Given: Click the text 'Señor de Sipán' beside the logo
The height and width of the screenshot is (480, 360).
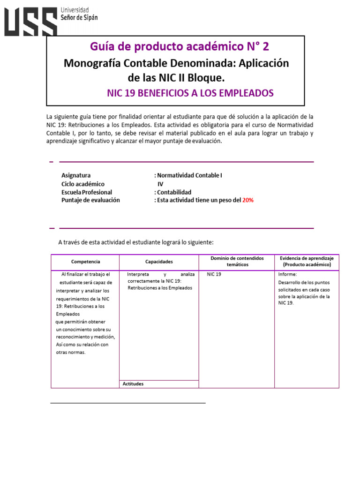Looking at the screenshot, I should (x=79, y=17).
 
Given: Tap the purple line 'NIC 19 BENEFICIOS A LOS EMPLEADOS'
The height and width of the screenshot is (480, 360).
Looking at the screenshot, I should (x=190, y=93).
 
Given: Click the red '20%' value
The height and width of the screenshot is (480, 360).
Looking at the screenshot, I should (x=247, y=200).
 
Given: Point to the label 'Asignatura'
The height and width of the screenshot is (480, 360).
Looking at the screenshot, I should (x=76, y=175).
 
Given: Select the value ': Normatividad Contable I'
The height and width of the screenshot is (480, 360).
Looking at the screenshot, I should (x=188, y=175).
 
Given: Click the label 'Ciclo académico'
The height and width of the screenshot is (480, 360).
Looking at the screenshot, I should (x=83, y=184).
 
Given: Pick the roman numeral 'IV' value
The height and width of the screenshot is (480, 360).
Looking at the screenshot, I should (x=160, y=184).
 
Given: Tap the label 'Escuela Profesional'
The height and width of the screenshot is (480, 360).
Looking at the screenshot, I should (x=87, y=192).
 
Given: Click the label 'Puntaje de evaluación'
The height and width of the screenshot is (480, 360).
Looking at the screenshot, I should (x=90, y=200).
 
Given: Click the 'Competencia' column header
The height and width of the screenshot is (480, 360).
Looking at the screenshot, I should (x=85, y=262).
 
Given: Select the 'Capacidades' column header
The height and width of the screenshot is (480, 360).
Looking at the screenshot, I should (x=159, y=262).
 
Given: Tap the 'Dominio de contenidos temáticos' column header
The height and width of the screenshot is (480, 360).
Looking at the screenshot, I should (x=237, y=262).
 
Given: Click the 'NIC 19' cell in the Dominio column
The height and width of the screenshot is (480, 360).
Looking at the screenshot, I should (x=214, y=274).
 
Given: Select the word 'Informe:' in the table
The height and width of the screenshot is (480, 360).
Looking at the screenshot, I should (x=287, y=274).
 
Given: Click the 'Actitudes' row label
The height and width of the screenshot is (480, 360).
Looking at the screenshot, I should (x=133, y=384).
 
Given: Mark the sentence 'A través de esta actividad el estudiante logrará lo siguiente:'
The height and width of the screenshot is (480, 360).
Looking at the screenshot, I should (x=136, y=242).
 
